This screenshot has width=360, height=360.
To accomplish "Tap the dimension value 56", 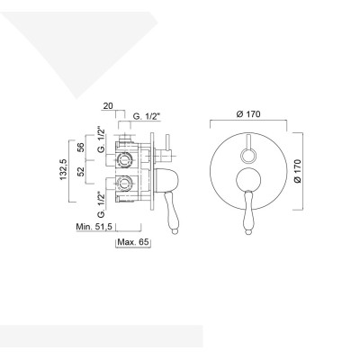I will pyautogui.click(x=80, y=148).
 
